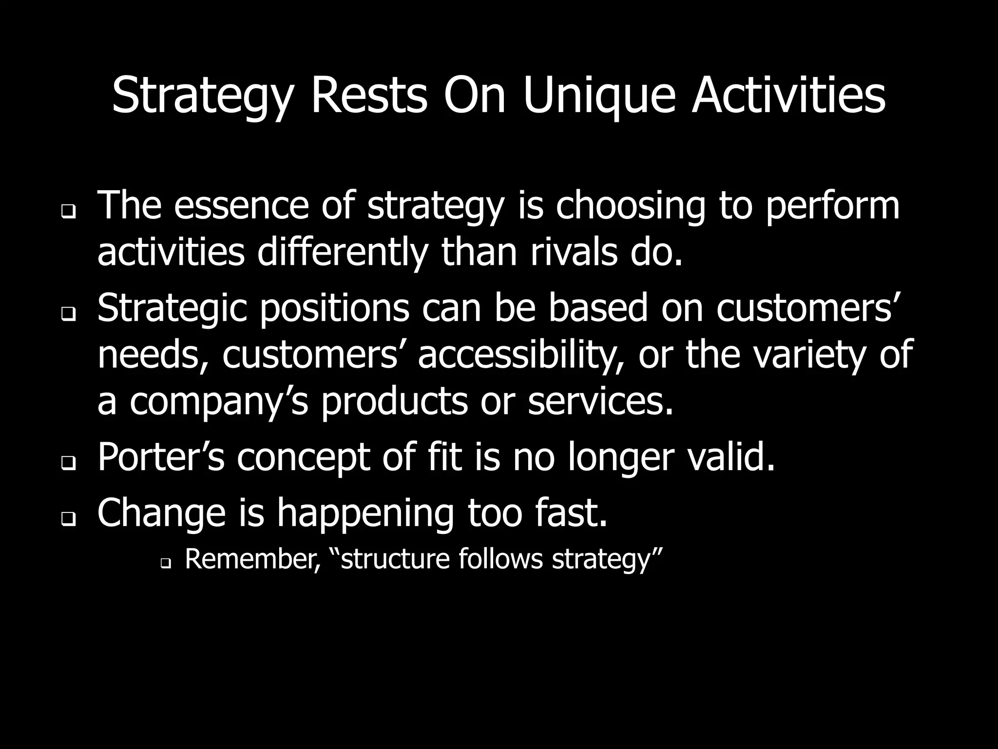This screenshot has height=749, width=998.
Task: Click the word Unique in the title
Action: (x=599, y=97)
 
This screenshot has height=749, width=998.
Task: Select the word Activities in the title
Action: (x=788, y=97)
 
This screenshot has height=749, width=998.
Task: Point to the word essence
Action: (x=241, y=206)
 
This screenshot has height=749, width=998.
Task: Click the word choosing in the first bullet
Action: (x=630, y=206)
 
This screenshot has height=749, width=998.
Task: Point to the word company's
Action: (x=218, y=402)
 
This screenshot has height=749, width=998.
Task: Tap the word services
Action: (x=600, y=402)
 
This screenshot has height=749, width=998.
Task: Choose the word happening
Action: (x=365, y=513)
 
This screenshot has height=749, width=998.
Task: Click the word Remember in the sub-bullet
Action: (x=252, y=559)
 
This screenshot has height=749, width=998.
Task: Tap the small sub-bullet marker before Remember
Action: (x=165, y=565)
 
